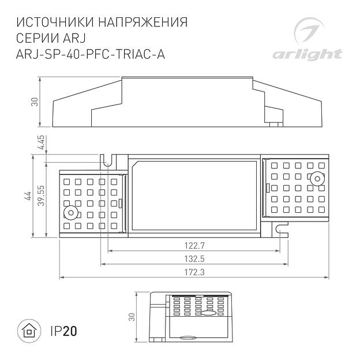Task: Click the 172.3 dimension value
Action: (193, 272)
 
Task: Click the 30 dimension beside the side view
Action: (35, 102)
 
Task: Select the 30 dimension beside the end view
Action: (132, 317)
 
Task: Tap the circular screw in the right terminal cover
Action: (317, 179)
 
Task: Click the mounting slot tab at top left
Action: (106, 159)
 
